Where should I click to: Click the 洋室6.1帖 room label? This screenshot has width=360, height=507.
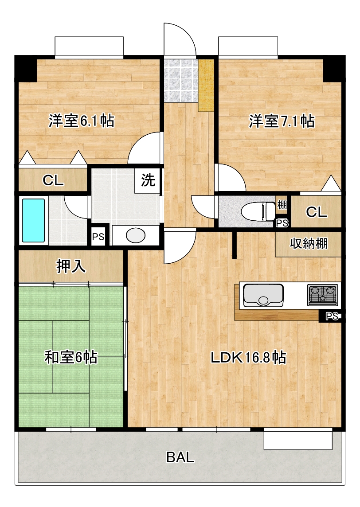click(81, 121)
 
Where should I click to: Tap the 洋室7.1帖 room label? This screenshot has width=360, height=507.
click(282, 121)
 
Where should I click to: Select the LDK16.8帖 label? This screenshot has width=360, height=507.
click(247, 357)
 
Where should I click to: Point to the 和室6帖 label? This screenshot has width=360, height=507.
click(71, 357)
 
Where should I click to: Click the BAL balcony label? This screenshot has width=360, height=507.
click(180, 457)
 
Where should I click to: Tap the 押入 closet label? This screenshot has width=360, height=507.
click(70, 266)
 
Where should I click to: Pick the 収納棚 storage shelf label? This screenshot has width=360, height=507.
click(309, 243)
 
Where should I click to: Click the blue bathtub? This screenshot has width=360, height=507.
click(34, 220)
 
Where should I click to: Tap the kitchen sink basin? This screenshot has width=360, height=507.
click(263, 296)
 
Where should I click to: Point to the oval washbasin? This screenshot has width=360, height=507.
click(136, 235)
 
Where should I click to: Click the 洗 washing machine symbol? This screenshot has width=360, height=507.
click(148, 180)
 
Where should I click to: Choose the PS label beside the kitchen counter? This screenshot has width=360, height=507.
click(331, 316)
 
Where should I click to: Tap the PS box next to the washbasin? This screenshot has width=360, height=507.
click(98, 237)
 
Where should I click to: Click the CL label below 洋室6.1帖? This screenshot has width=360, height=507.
click(53, 180)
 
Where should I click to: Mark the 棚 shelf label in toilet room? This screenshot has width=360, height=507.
click(282, 205)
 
